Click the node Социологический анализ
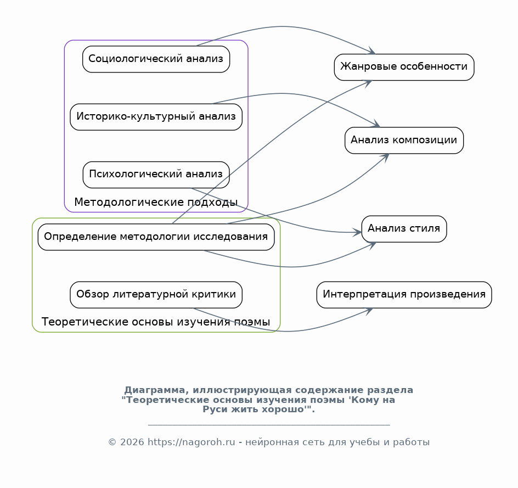point(156,59)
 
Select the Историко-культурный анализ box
point(156,116)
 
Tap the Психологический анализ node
point(156,175)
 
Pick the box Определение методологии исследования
point(156,237)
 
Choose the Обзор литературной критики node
point(156,295)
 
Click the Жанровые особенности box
point(404,67)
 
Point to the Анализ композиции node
point(404,140)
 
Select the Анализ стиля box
point(404,228)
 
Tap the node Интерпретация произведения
point(404,294)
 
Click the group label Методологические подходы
point(156,203)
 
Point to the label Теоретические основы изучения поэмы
point(156,322)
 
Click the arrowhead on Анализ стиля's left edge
point(357,233)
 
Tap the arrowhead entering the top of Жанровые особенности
point(371,52)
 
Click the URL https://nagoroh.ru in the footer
point(191,442)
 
